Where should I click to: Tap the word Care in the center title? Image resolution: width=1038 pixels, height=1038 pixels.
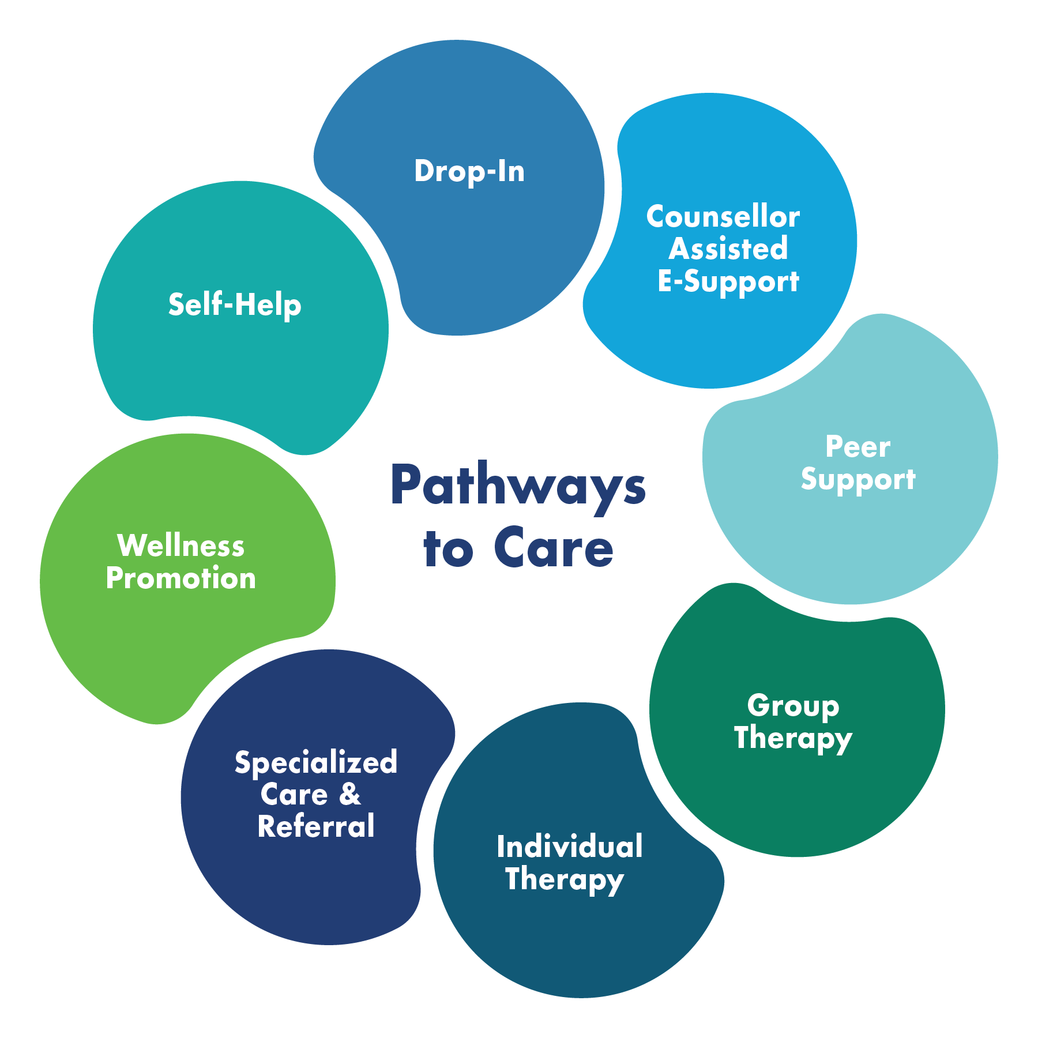[554, 548]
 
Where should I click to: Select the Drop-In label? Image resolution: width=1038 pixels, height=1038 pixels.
[469, 171]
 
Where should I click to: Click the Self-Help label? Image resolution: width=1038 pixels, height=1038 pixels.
[235, 304]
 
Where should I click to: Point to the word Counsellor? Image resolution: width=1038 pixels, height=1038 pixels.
[723, 217]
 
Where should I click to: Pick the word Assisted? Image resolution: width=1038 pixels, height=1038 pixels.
[728, 249]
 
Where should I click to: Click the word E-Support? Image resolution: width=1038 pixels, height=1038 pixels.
[728, 281]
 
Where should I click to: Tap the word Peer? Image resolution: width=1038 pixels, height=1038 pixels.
[858, 447]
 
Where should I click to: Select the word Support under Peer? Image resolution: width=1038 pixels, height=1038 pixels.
[858, 479]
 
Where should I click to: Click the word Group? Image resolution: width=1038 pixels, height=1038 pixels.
[793, 706]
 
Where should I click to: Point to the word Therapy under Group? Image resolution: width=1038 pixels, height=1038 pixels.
[793, 738]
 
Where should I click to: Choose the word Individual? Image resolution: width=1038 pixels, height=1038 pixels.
[570, 847]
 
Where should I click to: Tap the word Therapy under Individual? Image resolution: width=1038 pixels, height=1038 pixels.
[565, 879]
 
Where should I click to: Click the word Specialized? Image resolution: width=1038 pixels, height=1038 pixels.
[316, 763]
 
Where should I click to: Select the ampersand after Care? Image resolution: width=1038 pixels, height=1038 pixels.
[349, 794]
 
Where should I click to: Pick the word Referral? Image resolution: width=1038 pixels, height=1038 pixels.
[316, 826]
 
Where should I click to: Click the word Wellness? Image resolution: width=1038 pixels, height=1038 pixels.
[181, 546]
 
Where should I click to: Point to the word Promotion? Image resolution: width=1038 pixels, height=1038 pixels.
[181, 578]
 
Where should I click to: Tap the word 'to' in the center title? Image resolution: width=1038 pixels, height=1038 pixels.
[448, 548]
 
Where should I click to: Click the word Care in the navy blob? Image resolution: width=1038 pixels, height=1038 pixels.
[294, 795]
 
